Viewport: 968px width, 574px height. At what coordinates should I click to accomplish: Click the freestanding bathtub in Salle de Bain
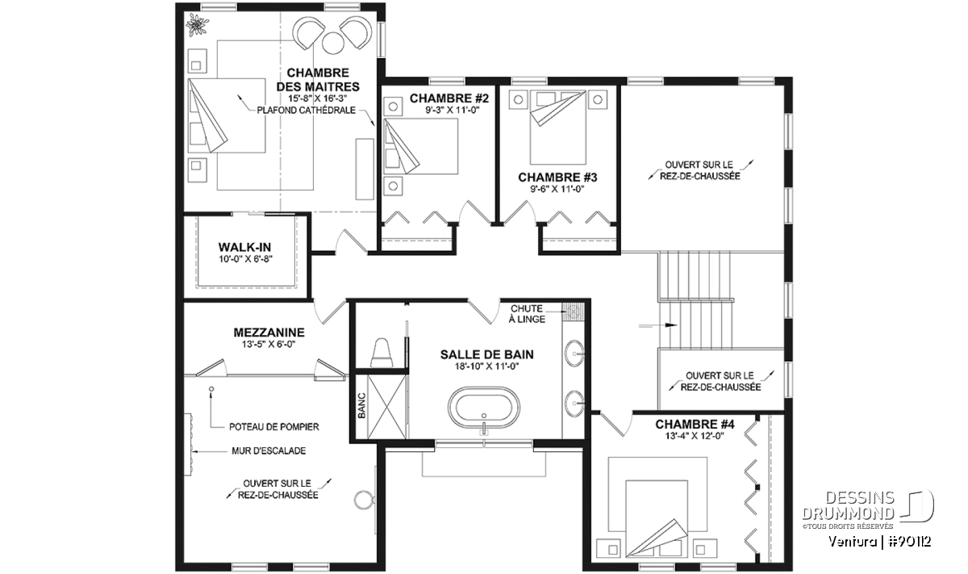pyautogui.click(x=483, y=408)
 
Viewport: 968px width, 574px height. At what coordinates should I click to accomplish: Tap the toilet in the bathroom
pyautogui.click(x=382, y=353)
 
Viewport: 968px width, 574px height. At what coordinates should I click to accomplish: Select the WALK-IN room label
pyautogui.click(x=244, y=247)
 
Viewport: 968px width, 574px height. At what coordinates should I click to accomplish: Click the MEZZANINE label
pyautogui.click(x=269, y=332)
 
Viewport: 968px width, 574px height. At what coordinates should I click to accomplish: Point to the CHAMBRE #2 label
pyautogui.click(x=449, y=98)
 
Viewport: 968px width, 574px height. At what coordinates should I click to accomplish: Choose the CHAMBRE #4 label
pyautogui.click(x=695, y=424)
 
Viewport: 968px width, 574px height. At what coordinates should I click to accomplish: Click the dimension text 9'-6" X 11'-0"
pyautogui.click(x=557, y=189)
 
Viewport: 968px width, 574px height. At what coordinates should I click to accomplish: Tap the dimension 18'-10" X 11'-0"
pyautogui.click(x=486, y=367)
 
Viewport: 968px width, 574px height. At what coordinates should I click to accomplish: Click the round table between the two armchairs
pyautogui.click(x=333, y=43)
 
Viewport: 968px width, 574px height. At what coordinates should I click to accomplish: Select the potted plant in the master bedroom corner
pyautogui.click(x=197, y=25)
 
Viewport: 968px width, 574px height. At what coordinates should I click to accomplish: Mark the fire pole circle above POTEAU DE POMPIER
pyautogui.click(x=211, y=389)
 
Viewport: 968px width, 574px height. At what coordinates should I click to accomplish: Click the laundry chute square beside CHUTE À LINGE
pyautogui.click(x=573, y=311)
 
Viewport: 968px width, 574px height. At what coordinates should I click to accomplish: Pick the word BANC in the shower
pyautogui.click(x=361, y=405)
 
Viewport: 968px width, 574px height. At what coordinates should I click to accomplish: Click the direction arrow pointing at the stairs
pyautogui.click(x=657, y=325)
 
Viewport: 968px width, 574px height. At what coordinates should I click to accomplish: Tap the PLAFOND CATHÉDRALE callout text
pyautogui.click(x=306, y=111)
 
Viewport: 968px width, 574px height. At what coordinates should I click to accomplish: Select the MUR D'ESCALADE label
pyautogui.click(x=269, y=451)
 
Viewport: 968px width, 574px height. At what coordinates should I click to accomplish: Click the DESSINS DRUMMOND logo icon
pyautogui.click(x=917, y=506)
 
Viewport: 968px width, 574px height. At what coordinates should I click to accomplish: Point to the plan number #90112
pyautogui.click(x=909, y=542)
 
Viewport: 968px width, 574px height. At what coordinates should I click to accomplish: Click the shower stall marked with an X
pyautogui.click(x=386, y=407)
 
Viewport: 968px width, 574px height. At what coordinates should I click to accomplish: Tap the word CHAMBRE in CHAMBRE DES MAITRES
pyautogui.click(x=318, y=73)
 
